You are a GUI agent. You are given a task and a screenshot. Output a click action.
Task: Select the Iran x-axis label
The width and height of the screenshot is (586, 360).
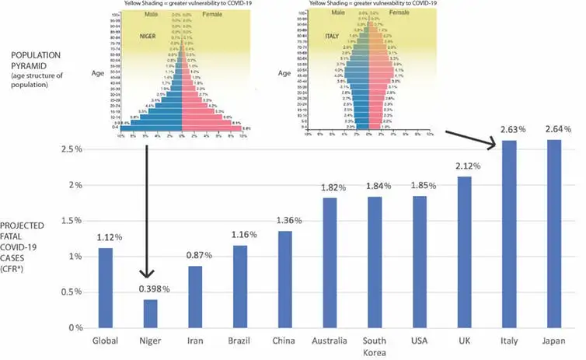(x=194, y=341)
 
